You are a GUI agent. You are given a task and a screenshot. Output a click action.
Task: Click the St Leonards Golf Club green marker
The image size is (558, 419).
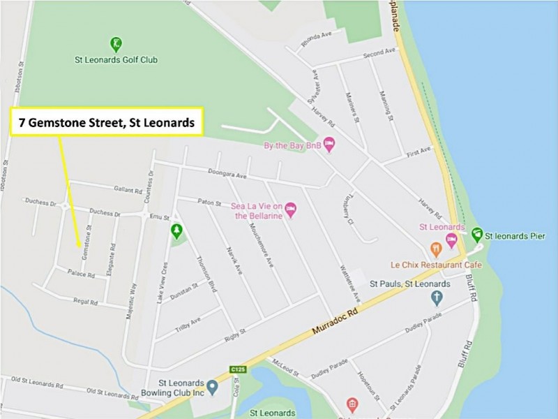[x=116, y=44]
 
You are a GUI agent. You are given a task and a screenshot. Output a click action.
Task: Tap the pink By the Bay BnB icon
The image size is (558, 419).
[x=329, y=144]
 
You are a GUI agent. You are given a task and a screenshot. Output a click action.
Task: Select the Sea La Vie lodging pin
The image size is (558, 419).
[x=291, y=207]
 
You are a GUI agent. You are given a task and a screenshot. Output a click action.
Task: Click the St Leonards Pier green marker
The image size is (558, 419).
[x=477, y=233]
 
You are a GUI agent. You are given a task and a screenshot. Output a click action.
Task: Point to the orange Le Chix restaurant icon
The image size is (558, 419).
[x=436, y=249]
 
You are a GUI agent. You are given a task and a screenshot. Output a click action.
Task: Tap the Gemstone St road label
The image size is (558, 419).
[x=86, y=242]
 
